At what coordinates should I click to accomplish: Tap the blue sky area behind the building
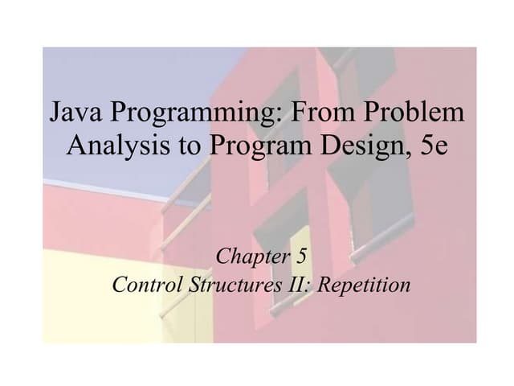(120, 72)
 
